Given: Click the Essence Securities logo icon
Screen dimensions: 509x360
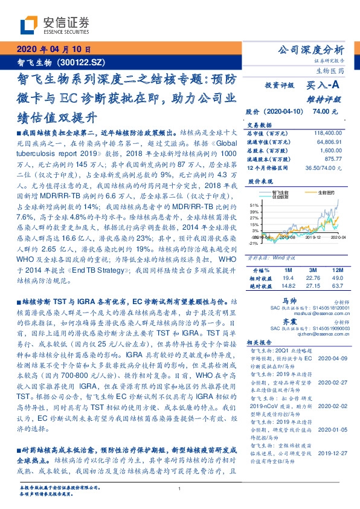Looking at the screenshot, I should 28,25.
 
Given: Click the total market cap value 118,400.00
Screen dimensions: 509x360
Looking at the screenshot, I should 327,132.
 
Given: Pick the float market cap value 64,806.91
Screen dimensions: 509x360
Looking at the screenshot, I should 329,140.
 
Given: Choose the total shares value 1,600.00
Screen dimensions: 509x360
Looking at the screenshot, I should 332,149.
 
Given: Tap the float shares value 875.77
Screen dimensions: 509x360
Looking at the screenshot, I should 334,158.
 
